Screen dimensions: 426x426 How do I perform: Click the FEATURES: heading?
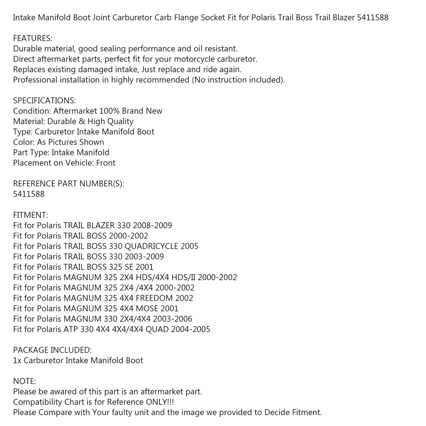[x=32, y=38]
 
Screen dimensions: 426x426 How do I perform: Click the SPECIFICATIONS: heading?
[x=45, y=101]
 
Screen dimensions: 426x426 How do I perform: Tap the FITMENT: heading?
[x=30, y=215]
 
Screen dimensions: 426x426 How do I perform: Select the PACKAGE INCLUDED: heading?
[x=52, y=350]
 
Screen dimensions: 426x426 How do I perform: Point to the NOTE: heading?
[x=24, y=381]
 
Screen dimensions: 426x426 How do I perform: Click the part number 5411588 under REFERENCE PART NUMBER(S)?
[x=29, y=194]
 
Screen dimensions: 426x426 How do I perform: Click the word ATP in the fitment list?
[x=71, y=329]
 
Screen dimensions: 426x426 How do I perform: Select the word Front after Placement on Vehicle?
[x=106, y=163]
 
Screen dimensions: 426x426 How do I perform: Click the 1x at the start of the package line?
[x=17, y=361]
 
